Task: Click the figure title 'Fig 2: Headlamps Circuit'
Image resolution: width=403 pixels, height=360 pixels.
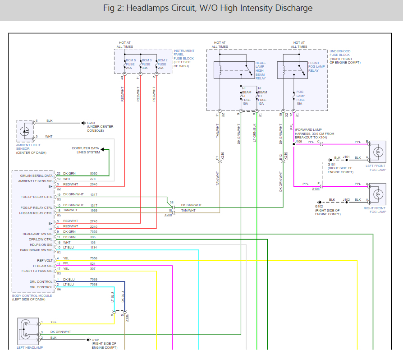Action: pos(201,8)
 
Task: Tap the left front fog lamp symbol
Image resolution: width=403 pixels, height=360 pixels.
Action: pos(377,152)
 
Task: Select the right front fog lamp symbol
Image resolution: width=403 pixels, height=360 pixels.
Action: pos(377,194)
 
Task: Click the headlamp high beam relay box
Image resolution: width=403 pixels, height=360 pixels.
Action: pos(234,69)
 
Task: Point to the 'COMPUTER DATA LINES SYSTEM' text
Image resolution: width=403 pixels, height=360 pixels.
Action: pos(86,150)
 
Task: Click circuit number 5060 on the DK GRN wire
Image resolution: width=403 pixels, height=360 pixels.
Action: pos(93,174)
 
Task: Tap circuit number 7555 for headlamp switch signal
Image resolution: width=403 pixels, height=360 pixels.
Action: pos(93,231)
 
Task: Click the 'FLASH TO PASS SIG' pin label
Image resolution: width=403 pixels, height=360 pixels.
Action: pos(37,271)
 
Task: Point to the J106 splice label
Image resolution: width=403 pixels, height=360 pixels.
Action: pos(298,142)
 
